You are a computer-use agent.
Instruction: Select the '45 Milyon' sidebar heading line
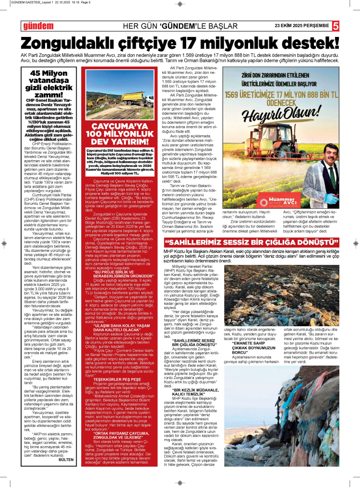point(48,73)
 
